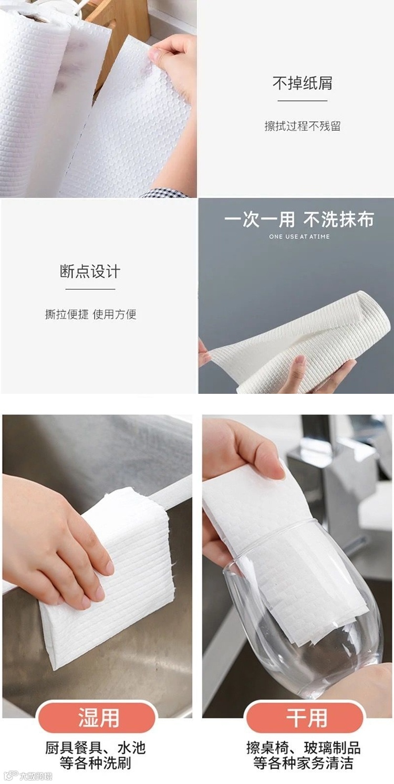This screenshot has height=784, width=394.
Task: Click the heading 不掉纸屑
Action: click(302, 83)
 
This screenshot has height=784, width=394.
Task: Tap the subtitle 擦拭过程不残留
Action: click(302, 126)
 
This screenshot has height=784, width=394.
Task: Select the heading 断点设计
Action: click(90, 271)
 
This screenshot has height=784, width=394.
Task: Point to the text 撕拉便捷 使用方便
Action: click(90, 315)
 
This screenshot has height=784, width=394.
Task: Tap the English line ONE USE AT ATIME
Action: click(299, 237)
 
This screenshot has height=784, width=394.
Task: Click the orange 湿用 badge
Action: click(98, 717)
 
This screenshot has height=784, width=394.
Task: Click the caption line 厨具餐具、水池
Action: click(95, 748)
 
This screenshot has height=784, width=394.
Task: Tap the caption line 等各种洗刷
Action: click(95, 763)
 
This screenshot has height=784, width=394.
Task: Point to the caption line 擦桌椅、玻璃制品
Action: click(303, 748)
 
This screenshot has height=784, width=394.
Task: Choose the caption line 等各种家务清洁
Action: click(303, 763)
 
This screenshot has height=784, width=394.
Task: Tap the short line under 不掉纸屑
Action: click(302, 101)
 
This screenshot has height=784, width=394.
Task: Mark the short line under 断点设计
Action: click(90, 289)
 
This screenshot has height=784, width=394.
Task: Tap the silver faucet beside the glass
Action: click(336, 490)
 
